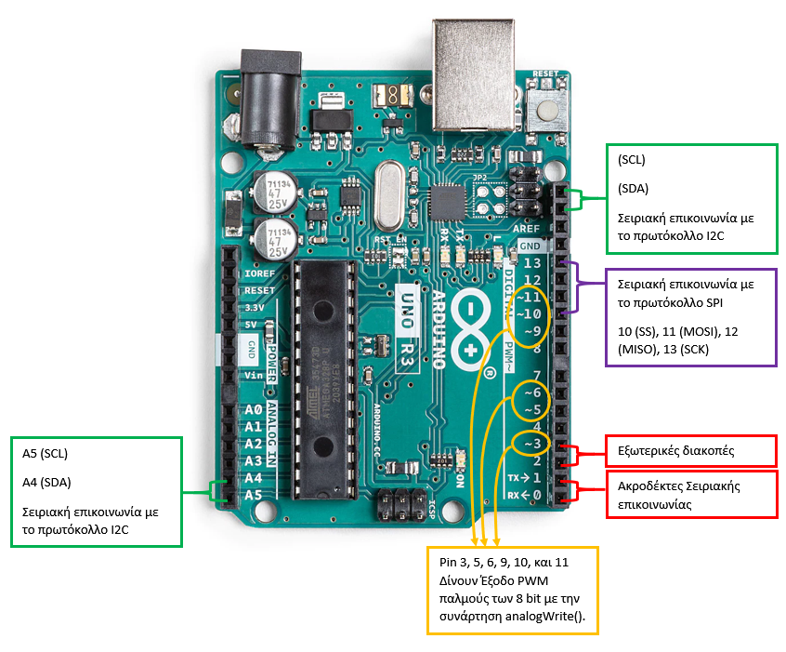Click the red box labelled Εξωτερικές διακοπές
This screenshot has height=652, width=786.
click(x=690, y=450)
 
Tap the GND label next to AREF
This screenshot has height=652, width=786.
click(x=531, y=246)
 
